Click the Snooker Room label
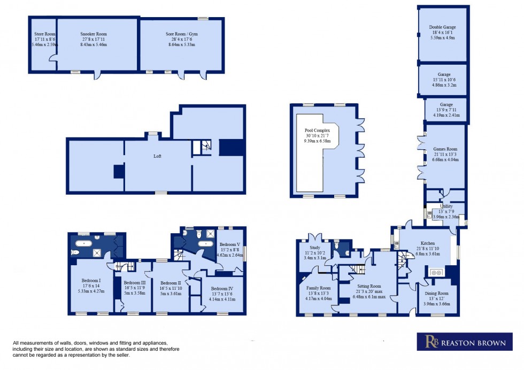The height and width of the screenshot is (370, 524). pos(97,34)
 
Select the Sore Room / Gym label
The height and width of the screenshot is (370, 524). pos(181,34)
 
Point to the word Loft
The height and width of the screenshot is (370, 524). pos(157,156)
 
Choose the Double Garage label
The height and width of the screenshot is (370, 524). pos(442,27)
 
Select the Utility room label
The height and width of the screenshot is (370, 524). pos(446,206)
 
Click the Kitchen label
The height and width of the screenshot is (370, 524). pos(428,243)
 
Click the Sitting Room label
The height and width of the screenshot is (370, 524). pos(369,286)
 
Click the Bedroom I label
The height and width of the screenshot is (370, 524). pos(91,281)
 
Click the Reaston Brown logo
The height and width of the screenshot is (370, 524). pos(464,341)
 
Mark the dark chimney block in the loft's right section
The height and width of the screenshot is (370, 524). pos(230,147)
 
